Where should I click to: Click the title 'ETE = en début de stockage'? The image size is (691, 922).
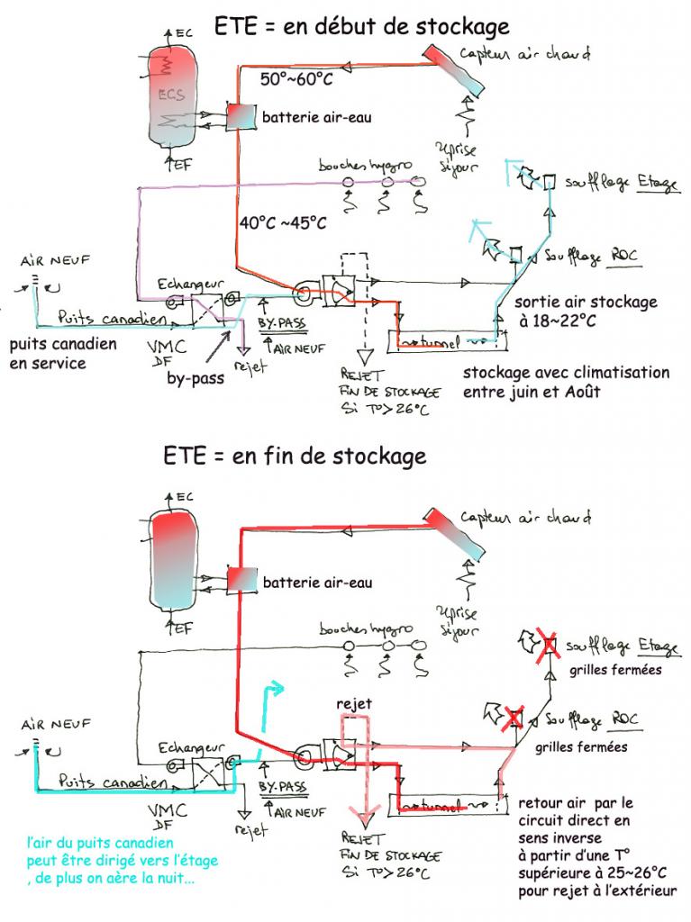361,27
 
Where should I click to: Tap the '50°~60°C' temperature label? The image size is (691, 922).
296,79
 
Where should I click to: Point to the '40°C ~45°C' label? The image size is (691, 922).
283,222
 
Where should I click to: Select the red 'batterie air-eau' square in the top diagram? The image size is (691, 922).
241,116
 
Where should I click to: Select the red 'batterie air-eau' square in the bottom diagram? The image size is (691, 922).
241,581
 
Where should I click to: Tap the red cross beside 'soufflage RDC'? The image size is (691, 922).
514,718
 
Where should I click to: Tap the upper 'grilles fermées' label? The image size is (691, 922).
615,670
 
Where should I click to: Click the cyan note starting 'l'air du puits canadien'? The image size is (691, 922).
122,861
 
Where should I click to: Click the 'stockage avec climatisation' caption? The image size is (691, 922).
566,382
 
